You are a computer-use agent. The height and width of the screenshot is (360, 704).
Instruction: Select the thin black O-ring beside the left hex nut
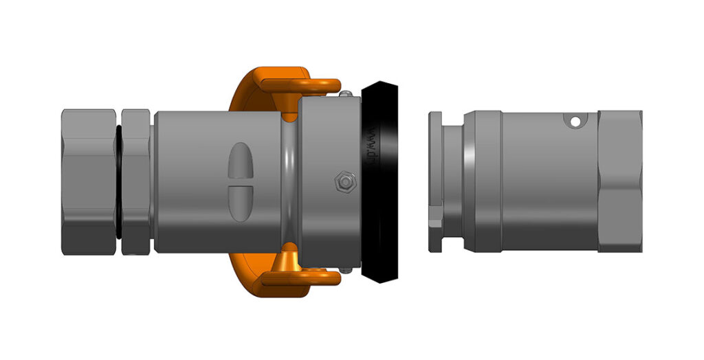(118, 181)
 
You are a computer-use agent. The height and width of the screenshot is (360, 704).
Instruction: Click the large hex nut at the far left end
(88, 181)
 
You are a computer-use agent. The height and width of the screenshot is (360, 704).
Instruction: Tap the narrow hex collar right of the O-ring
(136, 181)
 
